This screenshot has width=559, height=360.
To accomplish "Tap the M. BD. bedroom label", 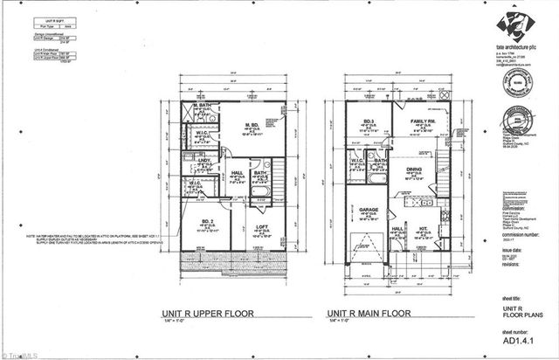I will (252, 124).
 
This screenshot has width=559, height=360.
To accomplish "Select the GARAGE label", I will (367, 211).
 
